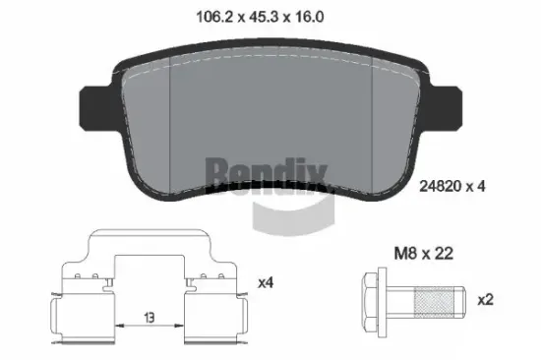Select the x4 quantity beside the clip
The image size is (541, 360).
[264, 283]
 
